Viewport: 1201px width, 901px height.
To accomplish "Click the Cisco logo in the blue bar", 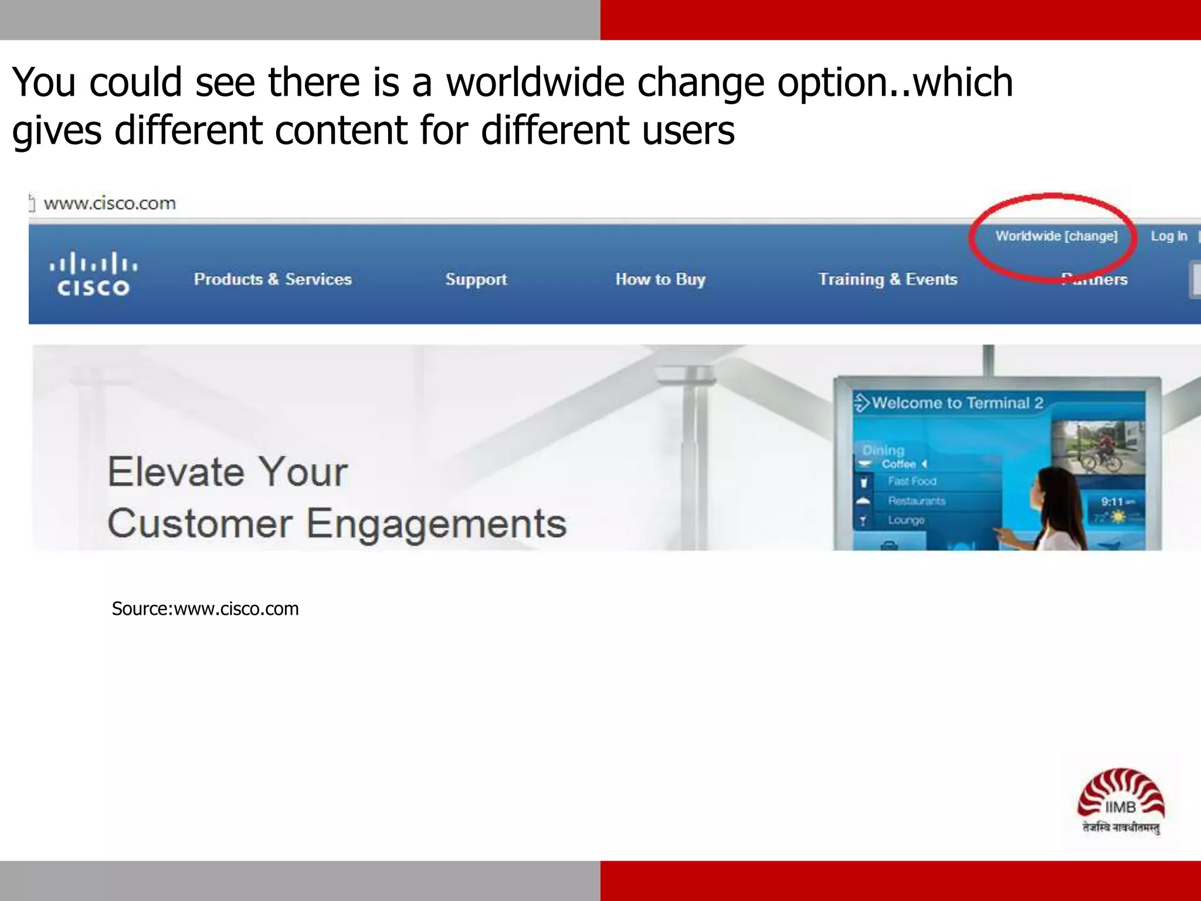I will [93, 274].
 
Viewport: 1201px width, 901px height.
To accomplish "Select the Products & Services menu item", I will [273, 279].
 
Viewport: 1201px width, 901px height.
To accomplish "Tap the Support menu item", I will [476, 279].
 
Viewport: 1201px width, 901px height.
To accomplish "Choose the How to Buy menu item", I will [660, 279].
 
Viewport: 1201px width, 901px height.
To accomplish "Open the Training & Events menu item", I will [887, 279].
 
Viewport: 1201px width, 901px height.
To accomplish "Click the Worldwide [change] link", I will [1056, 236].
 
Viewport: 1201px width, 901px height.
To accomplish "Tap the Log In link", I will [1168, 236].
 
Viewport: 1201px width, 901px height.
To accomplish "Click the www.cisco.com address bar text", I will [110, 204].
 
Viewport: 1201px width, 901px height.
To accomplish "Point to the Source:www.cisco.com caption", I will [205, 609].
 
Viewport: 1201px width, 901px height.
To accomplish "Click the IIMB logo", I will [1121, 800].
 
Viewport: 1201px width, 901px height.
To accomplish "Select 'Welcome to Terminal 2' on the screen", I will [957, 403].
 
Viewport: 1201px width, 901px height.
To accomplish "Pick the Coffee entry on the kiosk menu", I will [898, 464].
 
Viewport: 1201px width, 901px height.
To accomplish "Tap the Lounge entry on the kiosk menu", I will [905, 520].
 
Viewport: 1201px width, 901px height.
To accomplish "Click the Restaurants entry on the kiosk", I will [916, 501].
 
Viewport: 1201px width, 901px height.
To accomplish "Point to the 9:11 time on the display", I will [1112, 502].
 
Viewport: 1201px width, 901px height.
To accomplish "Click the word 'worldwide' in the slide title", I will [535, 82].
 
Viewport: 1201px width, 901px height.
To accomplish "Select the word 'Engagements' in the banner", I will [436, 524].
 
